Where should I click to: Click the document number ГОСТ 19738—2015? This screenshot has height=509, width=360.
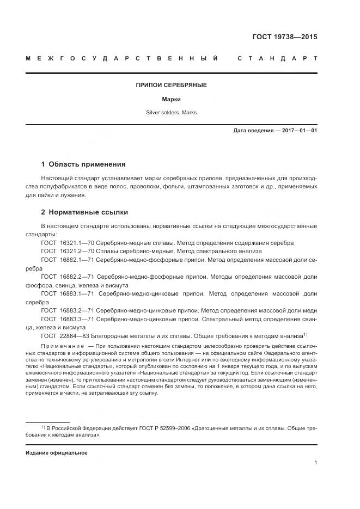click(284, 38)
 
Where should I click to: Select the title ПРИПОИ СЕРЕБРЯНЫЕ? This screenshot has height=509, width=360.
click(171, 85)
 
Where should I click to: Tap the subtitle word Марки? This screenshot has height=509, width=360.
click(171, 100)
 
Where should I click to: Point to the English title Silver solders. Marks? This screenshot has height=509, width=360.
click(171, 113)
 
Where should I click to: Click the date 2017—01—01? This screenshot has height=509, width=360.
click(299, 131)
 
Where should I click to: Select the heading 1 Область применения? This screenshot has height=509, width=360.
click(83, 164)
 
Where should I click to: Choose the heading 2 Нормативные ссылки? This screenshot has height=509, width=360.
click(85, 212)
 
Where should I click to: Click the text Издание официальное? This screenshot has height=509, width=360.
click(57, 453)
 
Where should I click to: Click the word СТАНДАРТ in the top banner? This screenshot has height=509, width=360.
click(277, 58)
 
